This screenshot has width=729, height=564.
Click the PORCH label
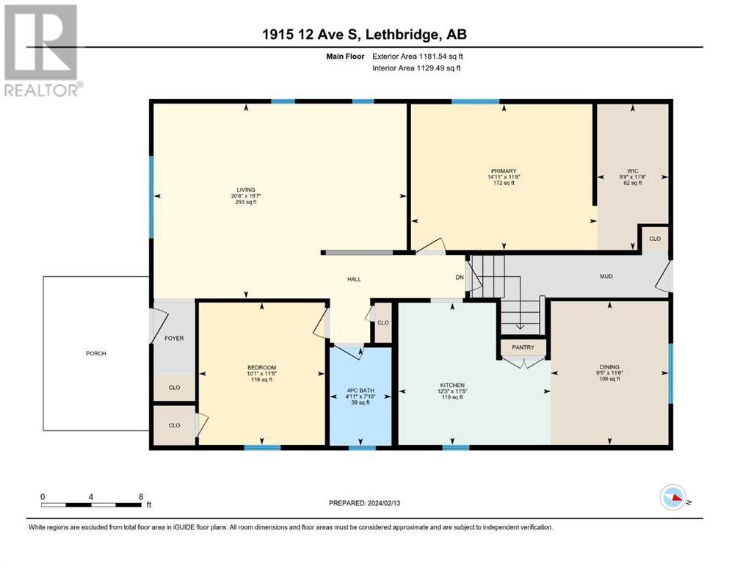tap(95, 353)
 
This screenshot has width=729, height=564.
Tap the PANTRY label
tap(523, 347)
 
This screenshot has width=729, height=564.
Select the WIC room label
tap(633, 171)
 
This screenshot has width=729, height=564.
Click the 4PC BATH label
tap(360, 391)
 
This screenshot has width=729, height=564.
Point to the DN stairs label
tap(460, 278)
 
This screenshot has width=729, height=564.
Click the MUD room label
tap(606, 276)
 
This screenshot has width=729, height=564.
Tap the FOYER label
tap(174, 338)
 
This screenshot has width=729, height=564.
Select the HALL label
tap(354, 280)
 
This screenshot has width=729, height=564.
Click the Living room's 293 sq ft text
tap(246, 202)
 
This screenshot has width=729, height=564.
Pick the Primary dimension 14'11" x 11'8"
tap(504, 177)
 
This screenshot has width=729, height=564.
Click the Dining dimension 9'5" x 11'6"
tap(609, 373)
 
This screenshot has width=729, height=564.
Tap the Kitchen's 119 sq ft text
tap(452, 397)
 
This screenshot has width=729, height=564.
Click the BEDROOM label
tap(262, 368)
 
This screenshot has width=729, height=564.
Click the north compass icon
tap(674, 497)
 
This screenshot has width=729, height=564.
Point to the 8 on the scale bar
tap(141, 496)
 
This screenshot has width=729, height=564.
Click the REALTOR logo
tap(43, 51)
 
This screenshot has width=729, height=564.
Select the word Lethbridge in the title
tap(402, 35)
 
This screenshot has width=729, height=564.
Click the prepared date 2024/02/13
tap(384, 503)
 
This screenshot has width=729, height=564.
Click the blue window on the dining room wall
tap(670, 373)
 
